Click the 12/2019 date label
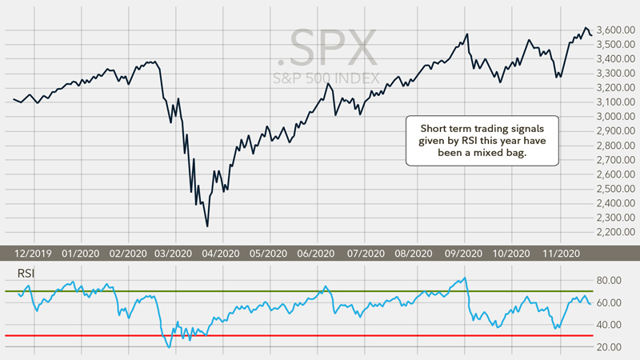pyautogui.click(x=34, y=253)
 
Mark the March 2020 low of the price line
pyautogui.click(x=207, y=226)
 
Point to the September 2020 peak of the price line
pyautogui.click(x=466, y=34)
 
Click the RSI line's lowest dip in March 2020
pyautogui.click(x=168, y=347)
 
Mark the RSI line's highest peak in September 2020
pyautogui.click(x=465, y=278)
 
